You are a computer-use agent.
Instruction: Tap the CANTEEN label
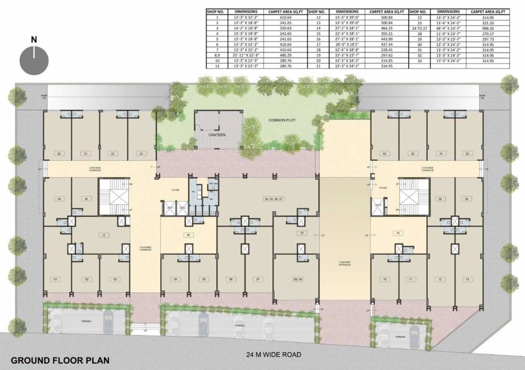(217, 135)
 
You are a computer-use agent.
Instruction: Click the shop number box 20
(58, 154)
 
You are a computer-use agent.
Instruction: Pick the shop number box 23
(141, 154)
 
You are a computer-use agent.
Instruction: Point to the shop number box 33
(385, 154)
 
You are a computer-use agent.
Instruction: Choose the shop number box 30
(467, 154)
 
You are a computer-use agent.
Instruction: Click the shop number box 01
(56, 279)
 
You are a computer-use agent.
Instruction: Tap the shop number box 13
(467, 279)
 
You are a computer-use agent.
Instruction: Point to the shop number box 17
(103, 235)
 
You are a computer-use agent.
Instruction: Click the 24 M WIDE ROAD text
(274, 355)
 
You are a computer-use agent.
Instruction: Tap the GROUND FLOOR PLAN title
(60, 360)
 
